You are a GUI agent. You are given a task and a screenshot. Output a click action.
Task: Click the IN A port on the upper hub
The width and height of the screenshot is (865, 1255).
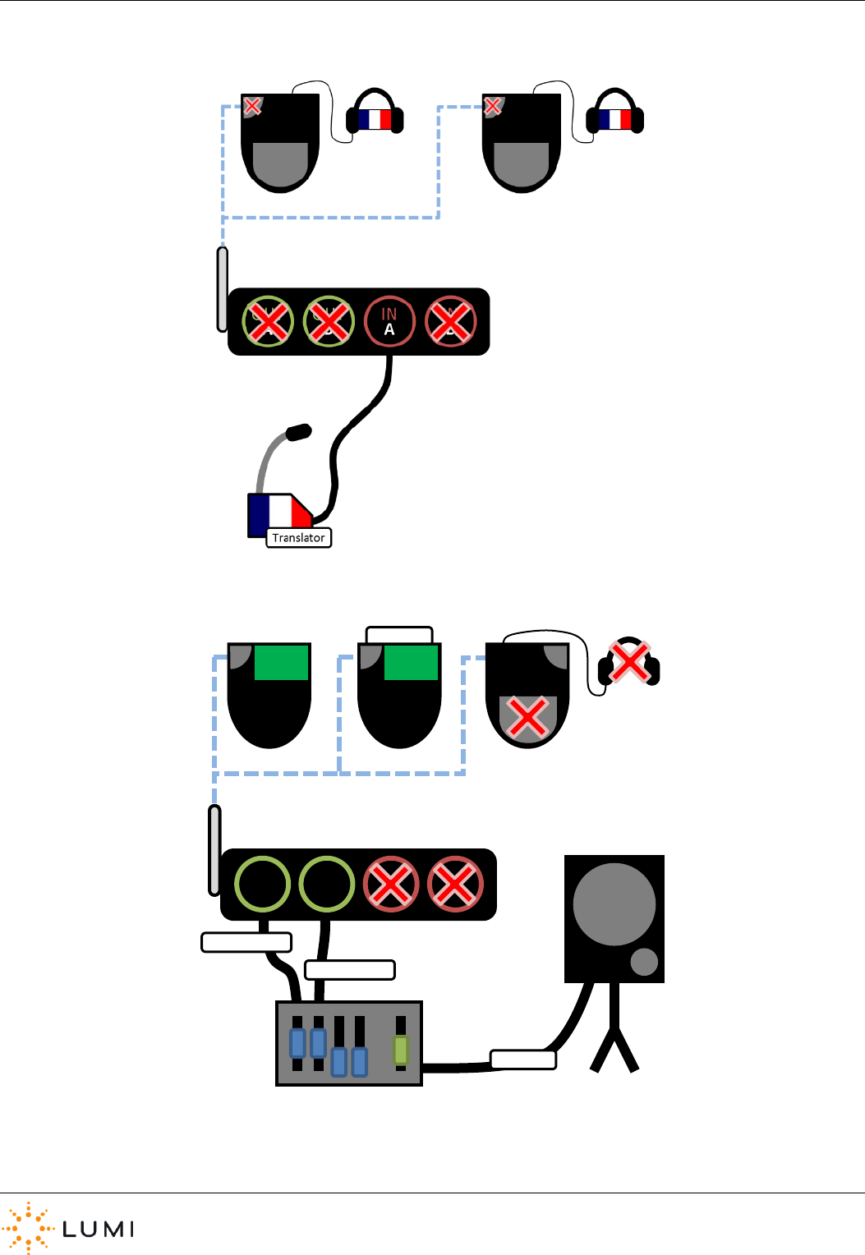[389, 321]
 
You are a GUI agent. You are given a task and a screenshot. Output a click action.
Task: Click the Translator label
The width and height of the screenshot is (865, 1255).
[299, 538]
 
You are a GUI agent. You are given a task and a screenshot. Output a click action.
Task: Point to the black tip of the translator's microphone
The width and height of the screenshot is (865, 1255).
[298, 431]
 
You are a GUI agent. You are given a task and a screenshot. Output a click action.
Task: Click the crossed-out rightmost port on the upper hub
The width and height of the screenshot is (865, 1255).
[451, 321]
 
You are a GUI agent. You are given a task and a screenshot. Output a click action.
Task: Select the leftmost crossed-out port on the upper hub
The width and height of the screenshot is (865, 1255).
[268, 321]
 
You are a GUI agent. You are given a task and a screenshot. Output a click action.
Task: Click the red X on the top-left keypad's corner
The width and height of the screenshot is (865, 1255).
[252, 106]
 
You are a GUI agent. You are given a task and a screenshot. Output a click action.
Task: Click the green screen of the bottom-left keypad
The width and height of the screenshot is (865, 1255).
[281, 662]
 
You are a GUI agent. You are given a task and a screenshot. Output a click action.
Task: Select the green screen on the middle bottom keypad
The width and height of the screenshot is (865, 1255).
[411, 662]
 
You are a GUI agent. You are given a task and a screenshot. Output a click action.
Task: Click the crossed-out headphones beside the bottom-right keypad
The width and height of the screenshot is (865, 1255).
[629, 662]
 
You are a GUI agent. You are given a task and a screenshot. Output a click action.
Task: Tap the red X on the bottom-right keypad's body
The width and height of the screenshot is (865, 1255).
[528, 718]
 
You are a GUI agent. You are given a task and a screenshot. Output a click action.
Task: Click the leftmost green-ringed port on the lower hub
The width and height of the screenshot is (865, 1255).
[263, 884]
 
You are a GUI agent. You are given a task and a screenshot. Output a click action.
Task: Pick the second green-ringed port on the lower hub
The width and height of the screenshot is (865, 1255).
[327, 884]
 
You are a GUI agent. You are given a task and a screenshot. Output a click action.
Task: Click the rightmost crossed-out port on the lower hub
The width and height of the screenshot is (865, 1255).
[455, 884]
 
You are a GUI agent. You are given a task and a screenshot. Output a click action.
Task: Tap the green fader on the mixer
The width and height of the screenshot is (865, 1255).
[401, 1050]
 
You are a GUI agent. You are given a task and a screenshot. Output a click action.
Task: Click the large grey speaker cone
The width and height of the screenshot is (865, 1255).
[614, 904]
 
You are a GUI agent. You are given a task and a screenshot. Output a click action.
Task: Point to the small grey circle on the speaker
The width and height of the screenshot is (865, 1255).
[644, 962]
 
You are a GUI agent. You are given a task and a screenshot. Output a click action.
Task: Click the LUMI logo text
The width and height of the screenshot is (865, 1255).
[98, 1229]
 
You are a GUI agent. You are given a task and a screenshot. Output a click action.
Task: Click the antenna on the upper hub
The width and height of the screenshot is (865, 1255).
[222, 289]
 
